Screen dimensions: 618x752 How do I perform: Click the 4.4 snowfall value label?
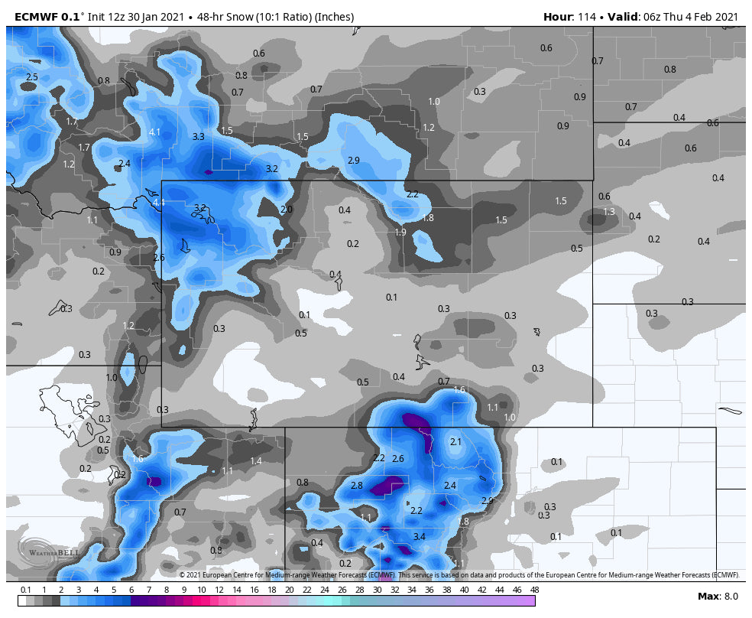159,203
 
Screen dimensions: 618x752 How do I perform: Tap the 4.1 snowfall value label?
154,132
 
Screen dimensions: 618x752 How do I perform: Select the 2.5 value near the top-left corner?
32,77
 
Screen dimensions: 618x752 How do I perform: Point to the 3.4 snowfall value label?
419,537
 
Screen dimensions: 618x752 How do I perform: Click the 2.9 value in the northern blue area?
353,161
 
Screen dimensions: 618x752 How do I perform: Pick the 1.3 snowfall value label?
609,212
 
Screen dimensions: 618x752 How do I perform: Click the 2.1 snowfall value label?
455,442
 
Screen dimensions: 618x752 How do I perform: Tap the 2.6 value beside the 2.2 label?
397,459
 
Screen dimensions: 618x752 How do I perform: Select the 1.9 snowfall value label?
400,233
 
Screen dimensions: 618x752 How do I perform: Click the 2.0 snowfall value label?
287,210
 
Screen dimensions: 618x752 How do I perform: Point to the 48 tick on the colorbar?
534,590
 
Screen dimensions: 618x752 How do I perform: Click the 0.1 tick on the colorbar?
25,590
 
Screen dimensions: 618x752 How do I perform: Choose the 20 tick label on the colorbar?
289,590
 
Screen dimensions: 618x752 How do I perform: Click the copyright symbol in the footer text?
183,575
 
